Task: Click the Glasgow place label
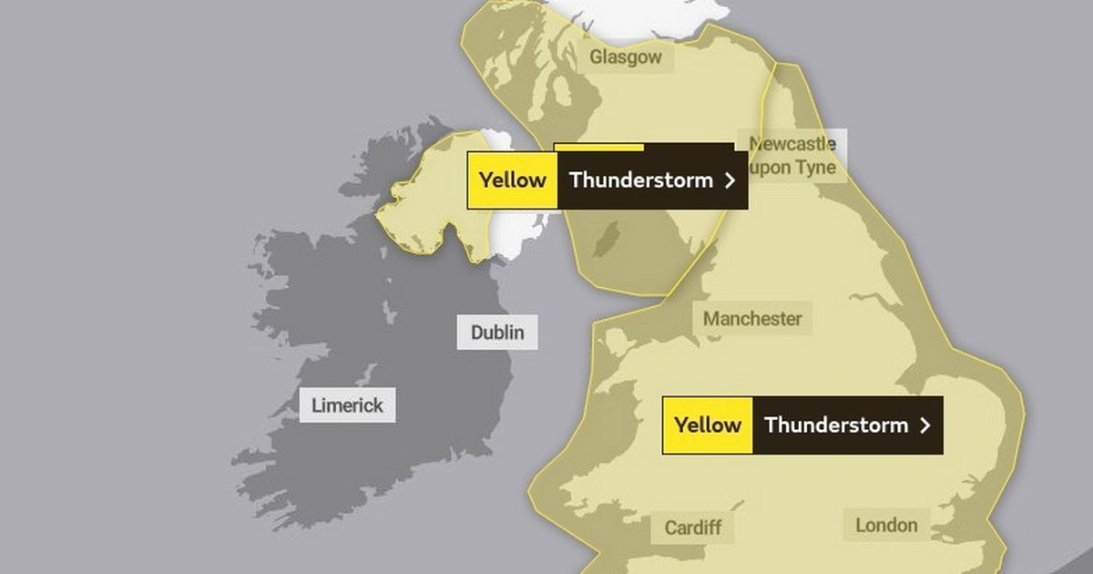pyautogui.click(x=626, y=58)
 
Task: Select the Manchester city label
pyautogui.click(x=752, y=319)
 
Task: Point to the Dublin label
pyautogui.click(x=497, y=332)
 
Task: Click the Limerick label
pyautogui.click(x=348, y=405)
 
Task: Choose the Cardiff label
pyautogui.click(x=693, y=528)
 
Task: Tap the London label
pyautogui.click(x=886, y=525)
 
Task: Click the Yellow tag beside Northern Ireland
pyautogui.click(x=512, y=179)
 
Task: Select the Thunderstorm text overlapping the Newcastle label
pyautogui.click(x=641, y=179)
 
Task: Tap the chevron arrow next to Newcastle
pyautogui.click(x=729, y=180)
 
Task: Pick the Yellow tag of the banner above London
pyautogui.click(x=708, y=425)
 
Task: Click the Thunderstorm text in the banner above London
pyautogui.click(x=836, y=425)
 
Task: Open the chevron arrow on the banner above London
pyautogui.click(x=925, y=425)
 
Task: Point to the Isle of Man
pyautogui.click(x=601, y=244)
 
